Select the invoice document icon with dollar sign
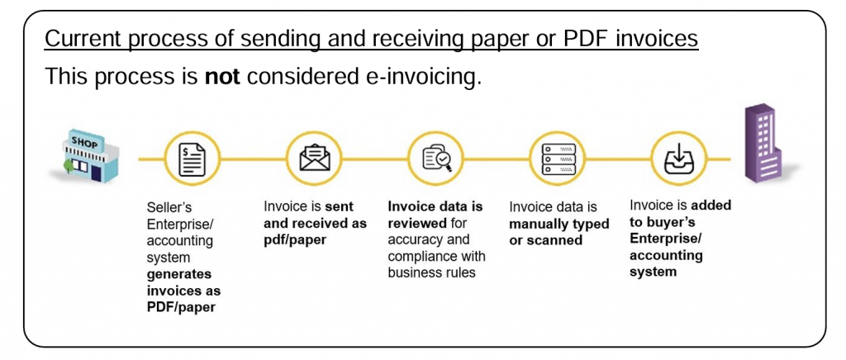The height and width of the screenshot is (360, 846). click(x=192, y=159)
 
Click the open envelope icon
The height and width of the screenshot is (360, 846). click(x=314, y=159)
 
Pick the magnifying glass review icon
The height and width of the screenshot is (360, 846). click(x=437, y=159)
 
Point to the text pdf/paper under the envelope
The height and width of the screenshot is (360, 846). click(x=295, y=239)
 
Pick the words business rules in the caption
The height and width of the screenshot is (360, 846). click(x=431, y=272)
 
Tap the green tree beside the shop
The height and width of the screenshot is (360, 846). click(x=68, y=166)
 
